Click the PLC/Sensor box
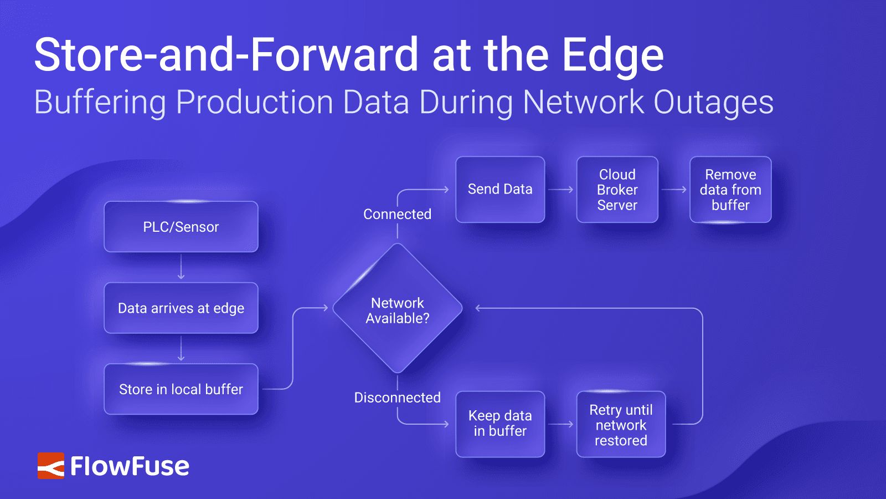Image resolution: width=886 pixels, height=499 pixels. tap(181, 227)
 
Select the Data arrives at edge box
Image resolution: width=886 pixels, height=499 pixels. tap(181, 308)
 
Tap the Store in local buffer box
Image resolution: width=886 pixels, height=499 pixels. tap(181, 389)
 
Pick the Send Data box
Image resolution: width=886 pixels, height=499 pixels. tap(500, 190)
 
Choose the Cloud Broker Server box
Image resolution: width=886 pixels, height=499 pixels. tap(617, 190)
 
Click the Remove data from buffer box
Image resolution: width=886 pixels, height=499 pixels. tap(730, 190)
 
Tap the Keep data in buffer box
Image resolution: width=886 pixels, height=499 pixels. tap(500, 424)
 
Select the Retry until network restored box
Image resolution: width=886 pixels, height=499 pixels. tap(621, 425)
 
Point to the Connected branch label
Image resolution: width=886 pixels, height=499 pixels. tap(397, 215)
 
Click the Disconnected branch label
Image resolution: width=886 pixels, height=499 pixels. tap(397, 398)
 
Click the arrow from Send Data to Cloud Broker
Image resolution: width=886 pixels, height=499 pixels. tap(561, 190)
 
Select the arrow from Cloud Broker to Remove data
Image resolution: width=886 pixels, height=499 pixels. tap(674, 190)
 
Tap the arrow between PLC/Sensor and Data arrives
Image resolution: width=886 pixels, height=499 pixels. tap(181, 267)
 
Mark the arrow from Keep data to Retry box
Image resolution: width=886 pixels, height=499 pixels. tap(561, 424)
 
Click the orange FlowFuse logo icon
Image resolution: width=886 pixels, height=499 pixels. tap(51, 466)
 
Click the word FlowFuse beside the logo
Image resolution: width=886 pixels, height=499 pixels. tap(130, 466)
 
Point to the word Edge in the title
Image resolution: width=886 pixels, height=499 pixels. tap(612, 55)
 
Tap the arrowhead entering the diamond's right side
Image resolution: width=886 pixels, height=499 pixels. tap(478, 308)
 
